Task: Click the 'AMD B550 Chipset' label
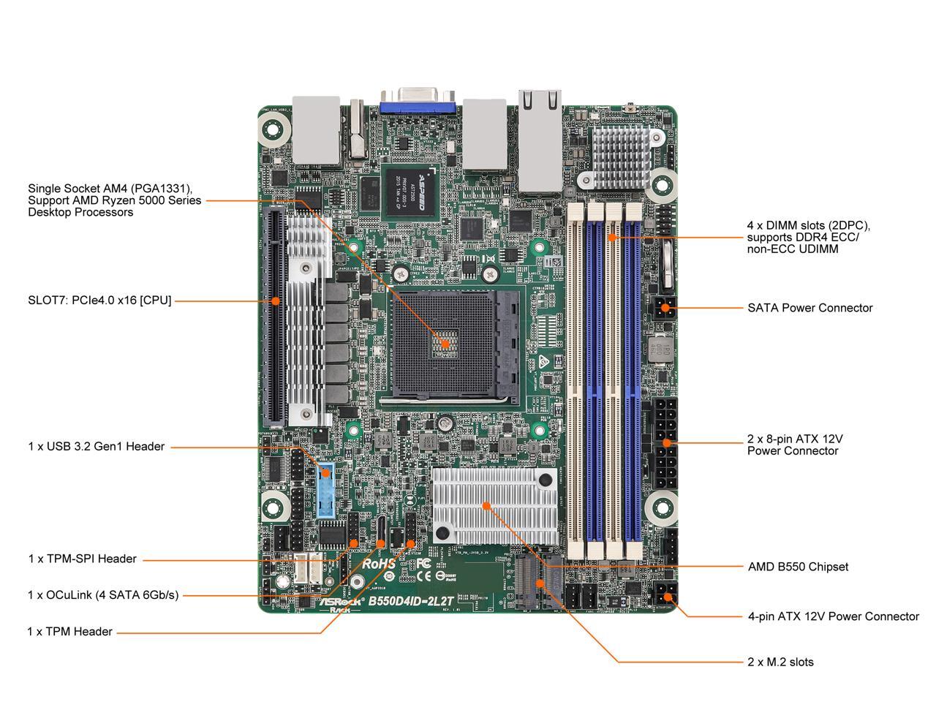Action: tap(798, 567)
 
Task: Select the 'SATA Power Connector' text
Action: tap(809, 308)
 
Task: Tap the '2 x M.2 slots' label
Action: tap(780, 662)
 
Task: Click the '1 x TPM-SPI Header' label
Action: tap(82, 559)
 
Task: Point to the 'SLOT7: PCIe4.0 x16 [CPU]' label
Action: tap(99, 300)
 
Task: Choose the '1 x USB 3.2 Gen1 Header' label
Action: tap(96, 446)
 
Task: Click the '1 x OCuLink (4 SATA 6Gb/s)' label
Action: tap(102, 595)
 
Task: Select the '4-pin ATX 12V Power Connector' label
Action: tap(833, 616)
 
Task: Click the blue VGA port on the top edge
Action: tap(418, 102)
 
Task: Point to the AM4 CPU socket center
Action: tap(444, 342)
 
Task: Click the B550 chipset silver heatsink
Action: tap(487, 505)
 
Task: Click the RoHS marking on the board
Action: tap(379, 564)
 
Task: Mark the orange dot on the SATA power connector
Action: tap(664, 308)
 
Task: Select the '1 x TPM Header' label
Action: tap(70, 632)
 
